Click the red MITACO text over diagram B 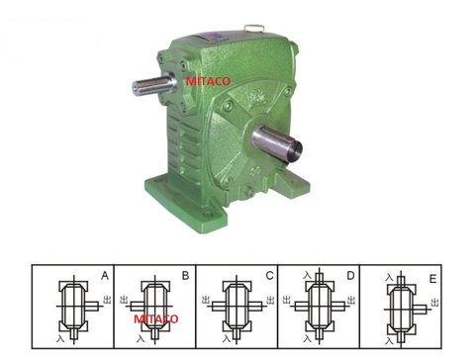[x=155, y=319]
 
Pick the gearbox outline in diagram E [x=401, y=308]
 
